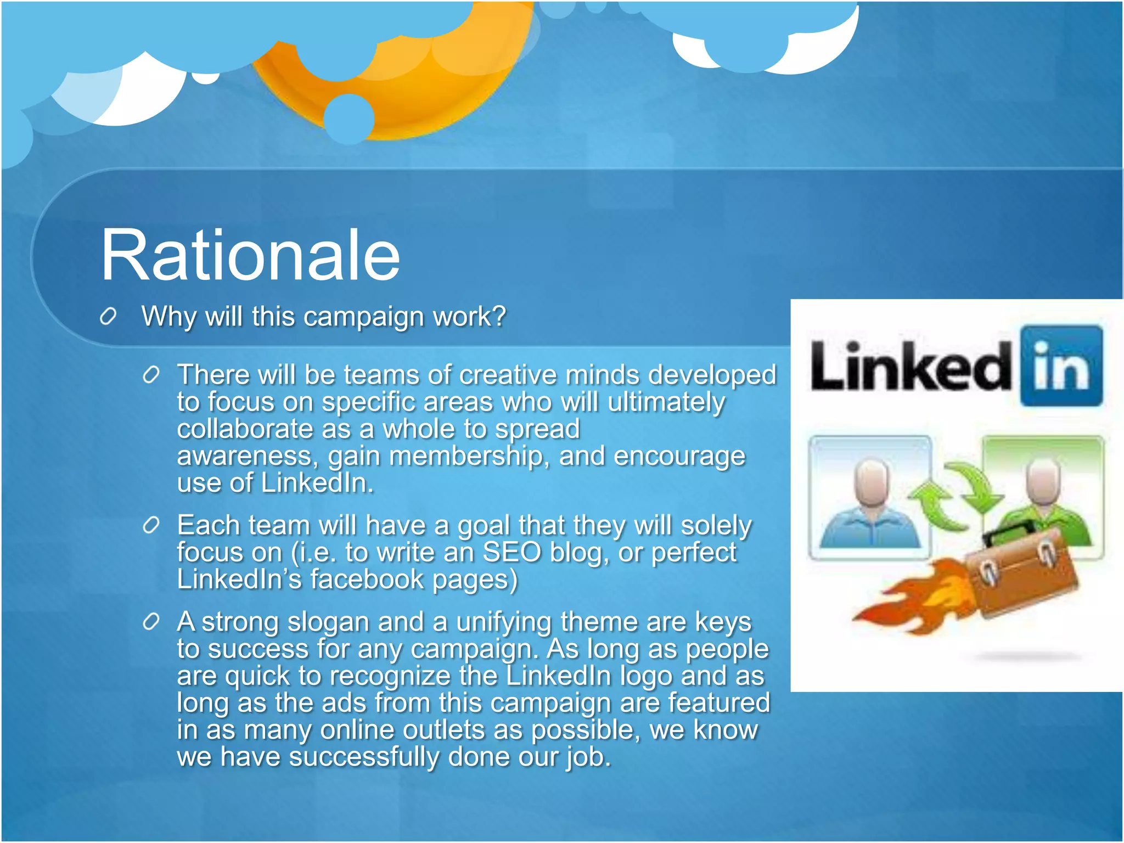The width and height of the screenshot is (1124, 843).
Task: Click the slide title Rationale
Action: coord(250,256)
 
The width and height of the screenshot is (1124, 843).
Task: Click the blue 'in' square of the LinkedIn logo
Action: coord(1061,366)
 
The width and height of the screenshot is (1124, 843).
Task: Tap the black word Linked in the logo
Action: coord(910,366)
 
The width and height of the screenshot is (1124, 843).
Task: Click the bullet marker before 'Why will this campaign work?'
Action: coord(108,317)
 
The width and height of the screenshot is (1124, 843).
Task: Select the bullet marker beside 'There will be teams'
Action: coord(150,375)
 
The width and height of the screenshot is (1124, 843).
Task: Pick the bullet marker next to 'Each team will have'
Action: coord(150,526)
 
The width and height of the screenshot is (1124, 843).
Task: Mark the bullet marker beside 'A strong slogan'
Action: coord(150,622)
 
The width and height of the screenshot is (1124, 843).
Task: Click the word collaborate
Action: coord(244,429)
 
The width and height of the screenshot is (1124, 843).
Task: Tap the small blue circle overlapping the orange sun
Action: coord(349,119)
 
